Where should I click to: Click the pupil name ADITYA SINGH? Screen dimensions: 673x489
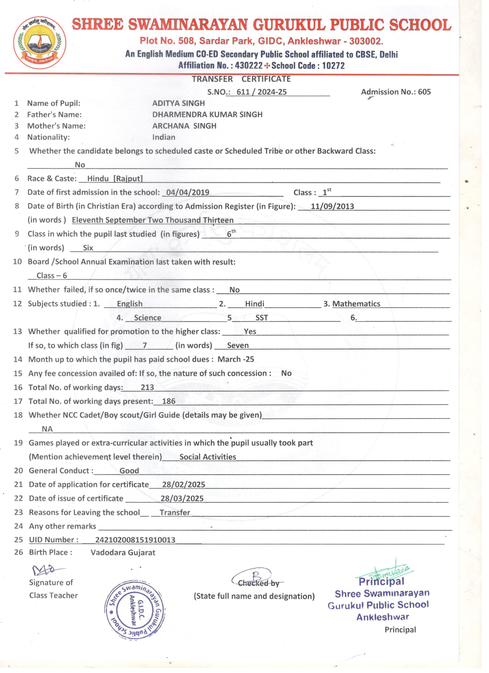point(179,103)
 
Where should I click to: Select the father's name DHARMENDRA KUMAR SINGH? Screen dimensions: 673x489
point(207,115)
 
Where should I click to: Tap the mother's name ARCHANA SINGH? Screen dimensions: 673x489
point(184,126)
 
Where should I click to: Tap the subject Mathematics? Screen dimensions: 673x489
point(356,304)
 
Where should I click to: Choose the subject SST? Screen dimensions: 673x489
point(262,318)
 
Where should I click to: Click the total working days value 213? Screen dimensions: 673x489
point(147,387)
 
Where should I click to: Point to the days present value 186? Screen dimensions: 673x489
point(169,401)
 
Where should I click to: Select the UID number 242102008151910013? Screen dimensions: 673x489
point(135,540)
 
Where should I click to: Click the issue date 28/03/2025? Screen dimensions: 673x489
point(182,499)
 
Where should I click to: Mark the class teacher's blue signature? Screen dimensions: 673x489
point(47,570)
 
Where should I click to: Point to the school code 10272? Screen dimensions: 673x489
point(333,66)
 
